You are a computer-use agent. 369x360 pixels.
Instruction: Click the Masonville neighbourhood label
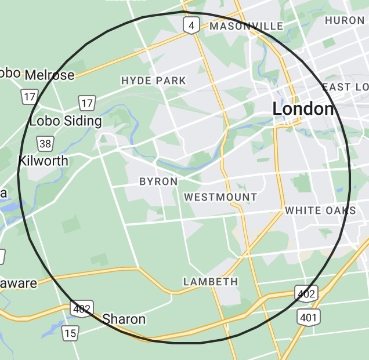coord(246,26)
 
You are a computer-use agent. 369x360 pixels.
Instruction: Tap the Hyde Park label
coord(153,81)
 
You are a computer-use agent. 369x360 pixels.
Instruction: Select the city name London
coord(303,109)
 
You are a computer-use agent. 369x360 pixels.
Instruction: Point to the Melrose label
coord(49,75)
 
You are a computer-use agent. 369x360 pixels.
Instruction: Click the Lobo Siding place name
coord(65,121)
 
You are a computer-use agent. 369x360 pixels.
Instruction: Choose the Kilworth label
coord(44,161)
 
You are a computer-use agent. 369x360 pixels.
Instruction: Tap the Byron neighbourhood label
coord(158,181)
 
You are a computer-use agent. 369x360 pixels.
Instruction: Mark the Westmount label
coord(220,197)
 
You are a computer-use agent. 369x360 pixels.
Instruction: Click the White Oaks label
coord(320,210)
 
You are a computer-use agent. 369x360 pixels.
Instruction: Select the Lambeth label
coord(211,282)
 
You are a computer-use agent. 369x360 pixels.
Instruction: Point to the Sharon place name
coord(124,319)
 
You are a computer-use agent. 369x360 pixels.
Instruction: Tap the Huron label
coord(345,20)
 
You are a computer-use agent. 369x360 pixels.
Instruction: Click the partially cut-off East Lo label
coord(345,87)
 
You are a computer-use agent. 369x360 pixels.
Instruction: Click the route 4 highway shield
coord(191,25)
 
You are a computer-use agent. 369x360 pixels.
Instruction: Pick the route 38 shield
coord(44,143)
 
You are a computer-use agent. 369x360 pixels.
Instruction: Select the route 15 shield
coord(70,333)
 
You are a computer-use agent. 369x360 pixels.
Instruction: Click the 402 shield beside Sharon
coord(82,308)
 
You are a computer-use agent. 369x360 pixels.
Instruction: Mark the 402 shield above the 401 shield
coord(306,294)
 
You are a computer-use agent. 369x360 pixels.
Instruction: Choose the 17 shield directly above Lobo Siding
coord(87,104)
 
